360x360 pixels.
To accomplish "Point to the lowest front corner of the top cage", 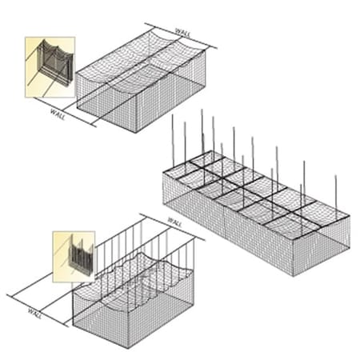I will tap(137, 131).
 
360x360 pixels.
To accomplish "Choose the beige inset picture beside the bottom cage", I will tap(74, 257).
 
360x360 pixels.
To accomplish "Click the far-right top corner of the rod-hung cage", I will tap(350, 215).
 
